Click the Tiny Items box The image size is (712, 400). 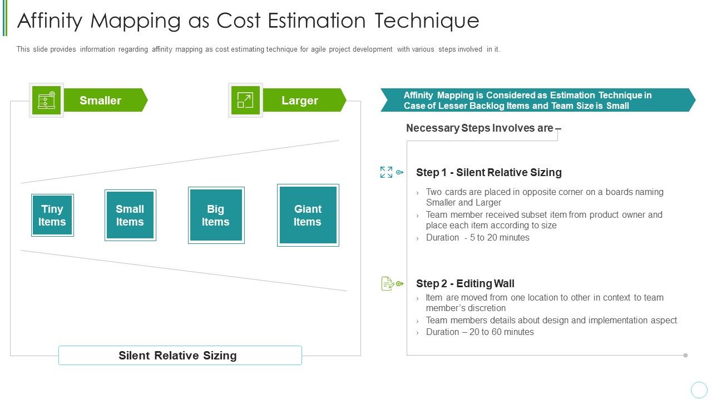click(52, 215)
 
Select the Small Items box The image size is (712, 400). click(130, 215)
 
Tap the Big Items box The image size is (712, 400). click(216, 215)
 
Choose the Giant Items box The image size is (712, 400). click(308, 215)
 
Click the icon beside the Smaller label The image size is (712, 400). click(46, 100)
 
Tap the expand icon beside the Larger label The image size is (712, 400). click(245, 100)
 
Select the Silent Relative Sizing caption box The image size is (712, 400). click(180, 356)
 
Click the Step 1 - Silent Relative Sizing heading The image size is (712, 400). click(488, 172)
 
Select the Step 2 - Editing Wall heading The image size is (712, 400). click(465, 284)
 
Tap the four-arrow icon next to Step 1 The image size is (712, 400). click(386, 172)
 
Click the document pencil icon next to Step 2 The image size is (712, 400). click(388, 284)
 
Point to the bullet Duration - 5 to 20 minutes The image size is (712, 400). click(477, 238)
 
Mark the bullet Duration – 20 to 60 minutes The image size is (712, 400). click(479, 332)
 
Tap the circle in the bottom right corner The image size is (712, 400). click(699, 389)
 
